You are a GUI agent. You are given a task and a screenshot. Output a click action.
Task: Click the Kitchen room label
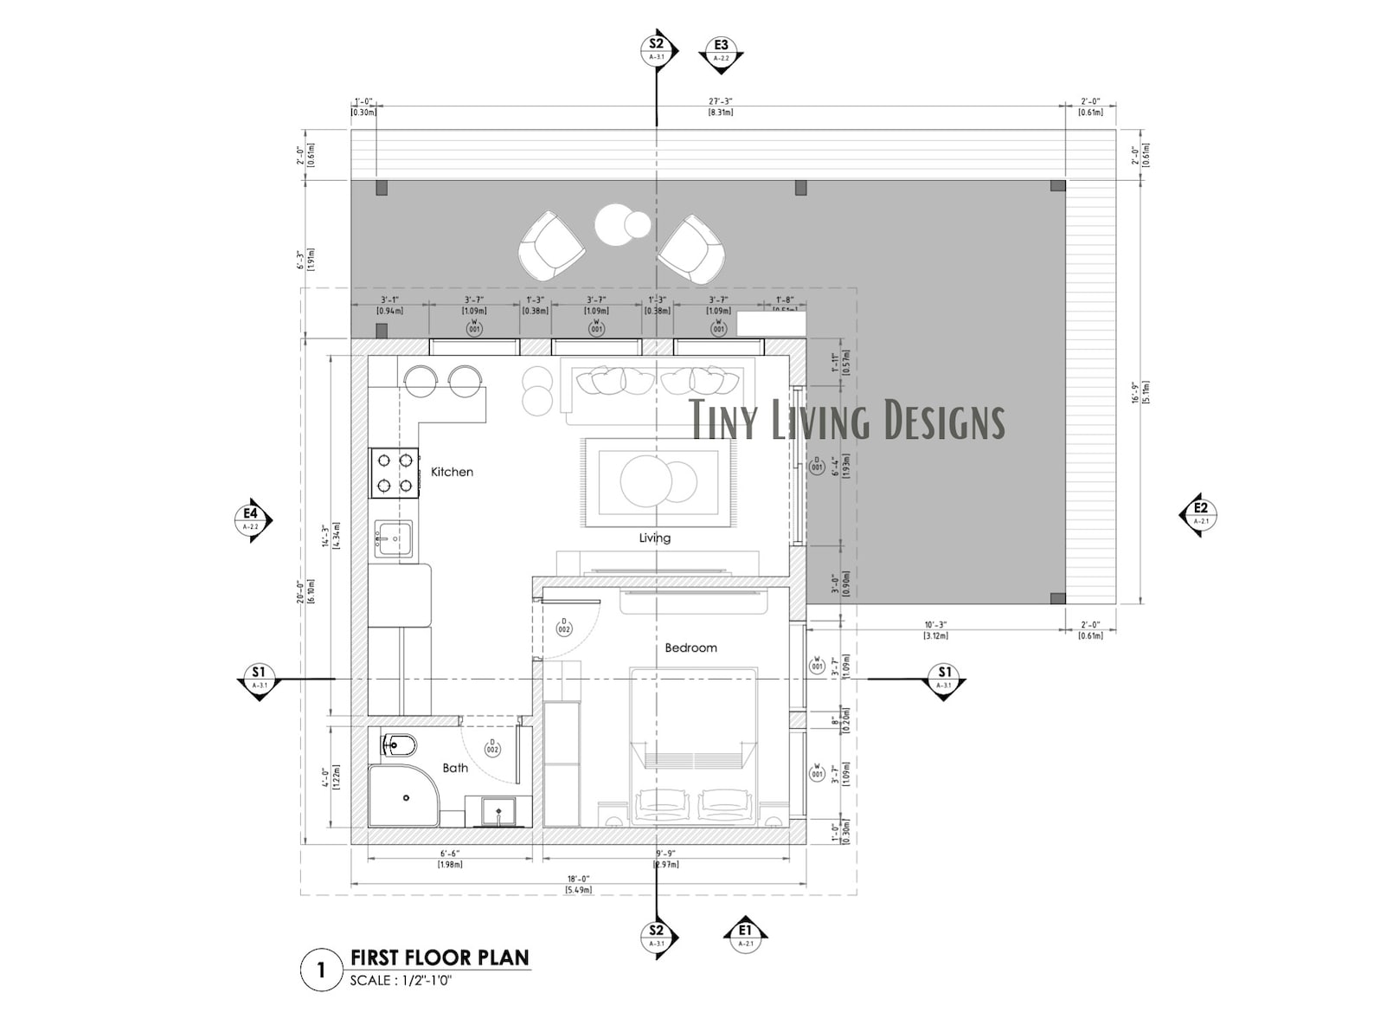point(452,472)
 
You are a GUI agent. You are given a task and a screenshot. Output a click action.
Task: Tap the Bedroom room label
point(690,648)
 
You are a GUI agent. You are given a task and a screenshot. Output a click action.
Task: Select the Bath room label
point(455,768)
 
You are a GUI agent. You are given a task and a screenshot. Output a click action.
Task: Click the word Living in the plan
point(654,538)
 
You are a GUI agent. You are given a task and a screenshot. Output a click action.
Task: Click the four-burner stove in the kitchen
point(395,473)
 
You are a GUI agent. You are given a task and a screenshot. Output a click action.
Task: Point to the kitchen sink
point(393,539)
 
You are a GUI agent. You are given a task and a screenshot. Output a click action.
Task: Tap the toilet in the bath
point(399,744)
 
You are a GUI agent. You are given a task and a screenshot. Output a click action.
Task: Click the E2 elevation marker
point(1200,514)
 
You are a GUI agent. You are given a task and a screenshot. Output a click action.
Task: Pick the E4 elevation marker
point(251,519)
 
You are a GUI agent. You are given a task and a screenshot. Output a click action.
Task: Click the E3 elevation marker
point(721,50)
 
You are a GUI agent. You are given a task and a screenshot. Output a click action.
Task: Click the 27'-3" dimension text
point(720,101)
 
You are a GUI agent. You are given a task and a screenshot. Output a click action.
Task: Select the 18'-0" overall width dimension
point(578,879)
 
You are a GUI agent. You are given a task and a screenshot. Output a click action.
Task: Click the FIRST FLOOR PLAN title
point(440,957)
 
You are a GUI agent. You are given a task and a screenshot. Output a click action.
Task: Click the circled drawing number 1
point(321,970)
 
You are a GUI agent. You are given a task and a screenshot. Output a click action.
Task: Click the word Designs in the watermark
point(941,421)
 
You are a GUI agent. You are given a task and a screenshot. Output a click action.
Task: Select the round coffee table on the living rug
point(645,481)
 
